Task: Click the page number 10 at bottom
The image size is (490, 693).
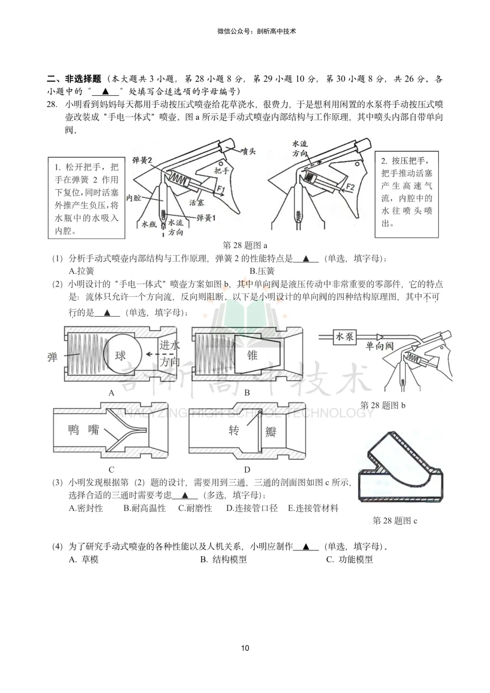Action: pyautogui.click(x=245, y=648)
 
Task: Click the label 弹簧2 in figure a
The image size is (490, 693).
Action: pyautogui.click(x=142, y=160)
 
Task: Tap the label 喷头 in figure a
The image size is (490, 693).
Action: pyautogui.click(x=248, y=151)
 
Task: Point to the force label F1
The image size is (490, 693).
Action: pyautogui.click(x=220, y=189)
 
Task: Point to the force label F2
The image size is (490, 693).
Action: pyautogui.click(x=350, y=187)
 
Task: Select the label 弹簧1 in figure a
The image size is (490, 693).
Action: pyautogui.click(x=206, y=218)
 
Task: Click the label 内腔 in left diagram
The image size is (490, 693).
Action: pyautogui.click(x=133, y=198)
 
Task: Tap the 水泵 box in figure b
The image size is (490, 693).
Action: pyautogui.click(x=344, y=337)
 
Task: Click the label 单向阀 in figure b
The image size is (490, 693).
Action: pyautogui.click(x=380, y=346)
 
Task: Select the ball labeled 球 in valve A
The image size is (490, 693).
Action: pyautogui.click(x=120, y=355)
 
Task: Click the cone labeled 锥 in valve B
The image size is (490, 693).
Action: pyautogui.click(x=252, y=355)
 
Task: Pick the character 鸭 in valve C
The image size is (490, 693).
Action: pyautogui.click(x=74, y=429)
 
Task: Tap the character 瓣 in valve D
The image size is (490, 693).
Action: pyautogui.click(x=271, y=432)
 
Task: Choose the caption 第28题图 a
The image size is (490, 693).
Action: pyautogui.click(x=245, y=245)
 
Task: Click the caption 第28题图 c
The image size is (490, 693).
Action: pyautogui.click(x=395, y=521)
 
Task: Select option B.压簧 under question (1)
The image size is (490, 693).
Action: pyautogui.click(x=262, y=271)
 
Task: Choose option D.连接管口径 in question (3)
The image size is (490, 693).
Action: pyautogui.click(x=252, y=508)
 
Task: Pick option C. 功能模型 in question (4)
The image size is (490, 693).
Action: pyautogui.click(x=349, y=560)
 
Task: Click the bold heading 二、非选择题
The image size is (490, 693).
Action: pyautogui.click(x=74, y=79)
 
